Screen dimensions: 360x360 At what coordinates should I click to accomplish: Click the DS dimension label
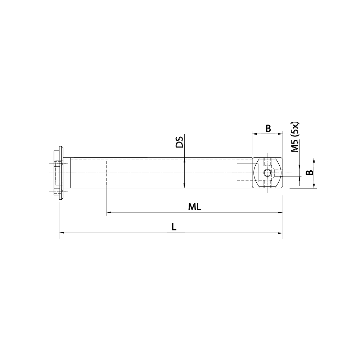[179, 142]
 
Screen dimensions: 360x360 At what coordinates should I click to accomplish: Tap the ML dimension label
[194, 207]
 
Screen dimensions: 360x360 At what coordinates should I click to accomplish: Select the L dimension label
[174, 227]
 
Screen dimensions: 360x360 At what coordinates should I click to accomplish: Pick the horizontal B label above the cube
[268, 128]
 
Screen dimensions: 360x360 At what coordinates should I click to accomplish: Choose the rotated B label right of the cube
[309, 173]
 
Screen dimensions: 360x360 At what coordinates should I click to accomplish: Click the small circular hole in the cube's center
[267, 173]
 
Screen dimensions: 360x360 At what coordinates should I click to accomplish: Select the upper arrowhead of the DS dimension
[184, 160]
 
